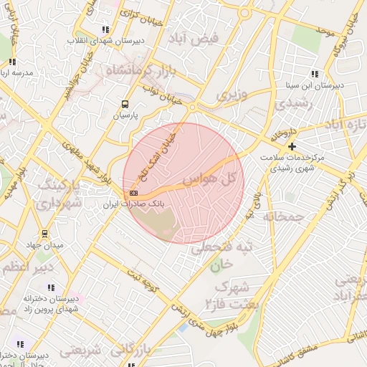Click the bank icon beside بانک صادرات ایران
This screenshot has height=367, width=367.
point(133,194)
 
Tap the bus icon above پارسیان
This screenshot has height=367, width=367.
point(125,104)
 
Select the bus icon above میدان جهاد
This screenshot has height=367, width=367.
point(44,234)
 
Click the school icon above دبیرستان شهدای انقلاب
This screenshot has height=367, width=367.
point(105,29)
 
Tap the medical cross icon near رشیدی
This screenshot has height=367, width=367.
point(292,147)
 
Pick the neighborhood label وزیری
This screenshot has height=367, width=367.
point(231,94)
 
